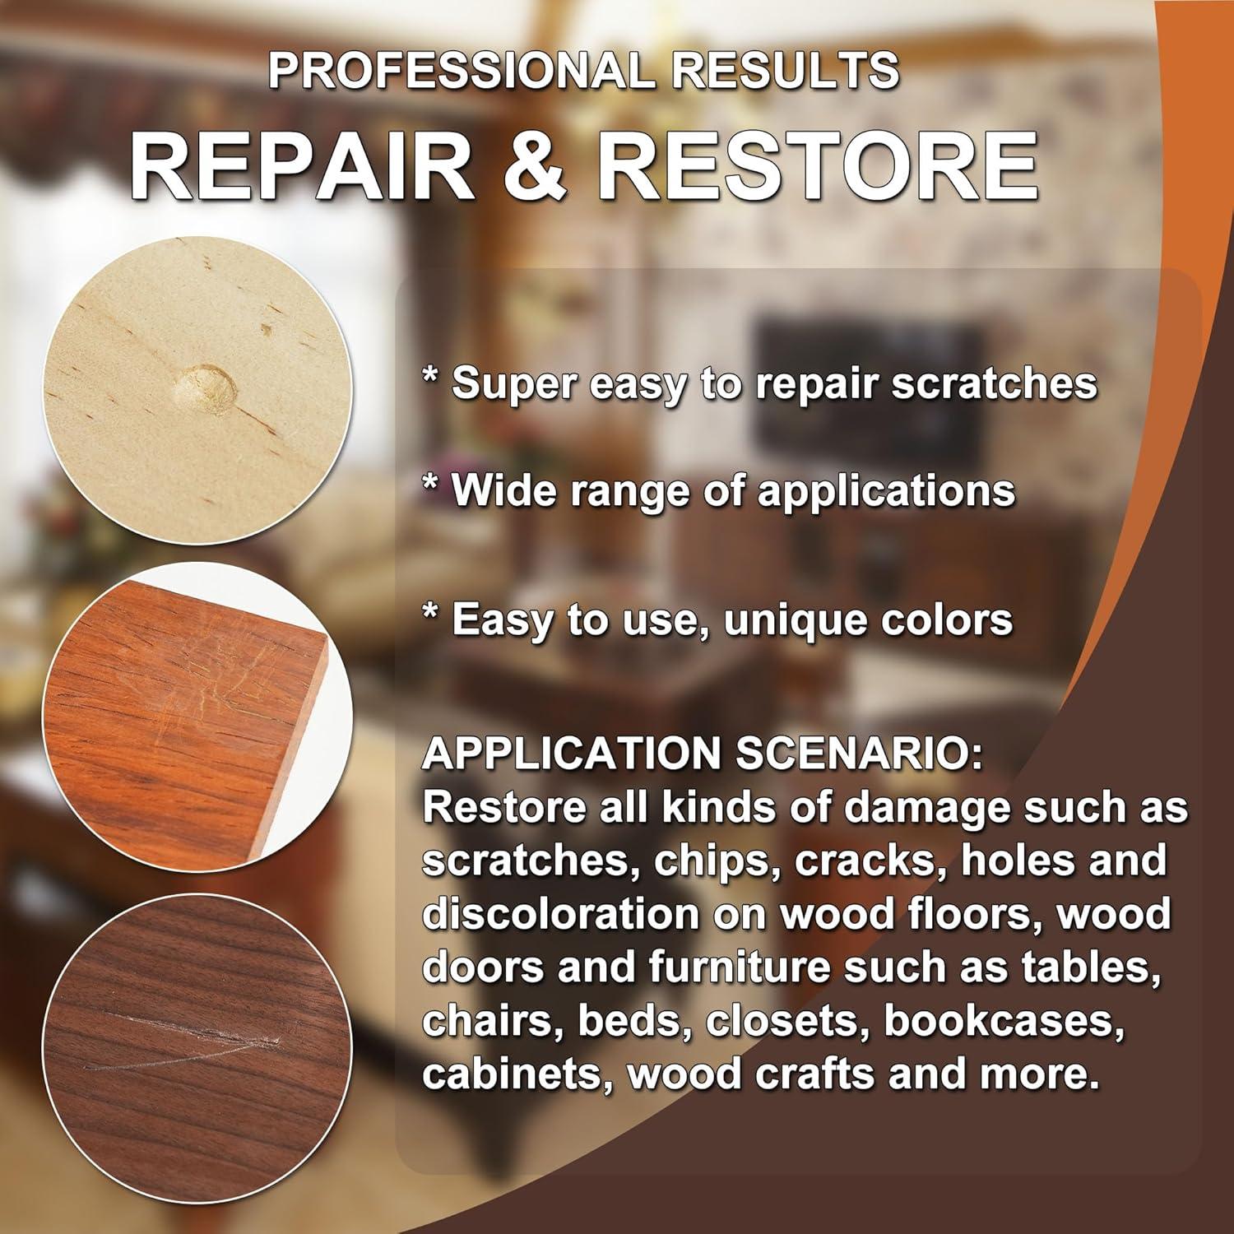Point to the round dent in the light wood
click(204, 384)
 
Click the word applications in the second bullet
click(886, 492)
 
